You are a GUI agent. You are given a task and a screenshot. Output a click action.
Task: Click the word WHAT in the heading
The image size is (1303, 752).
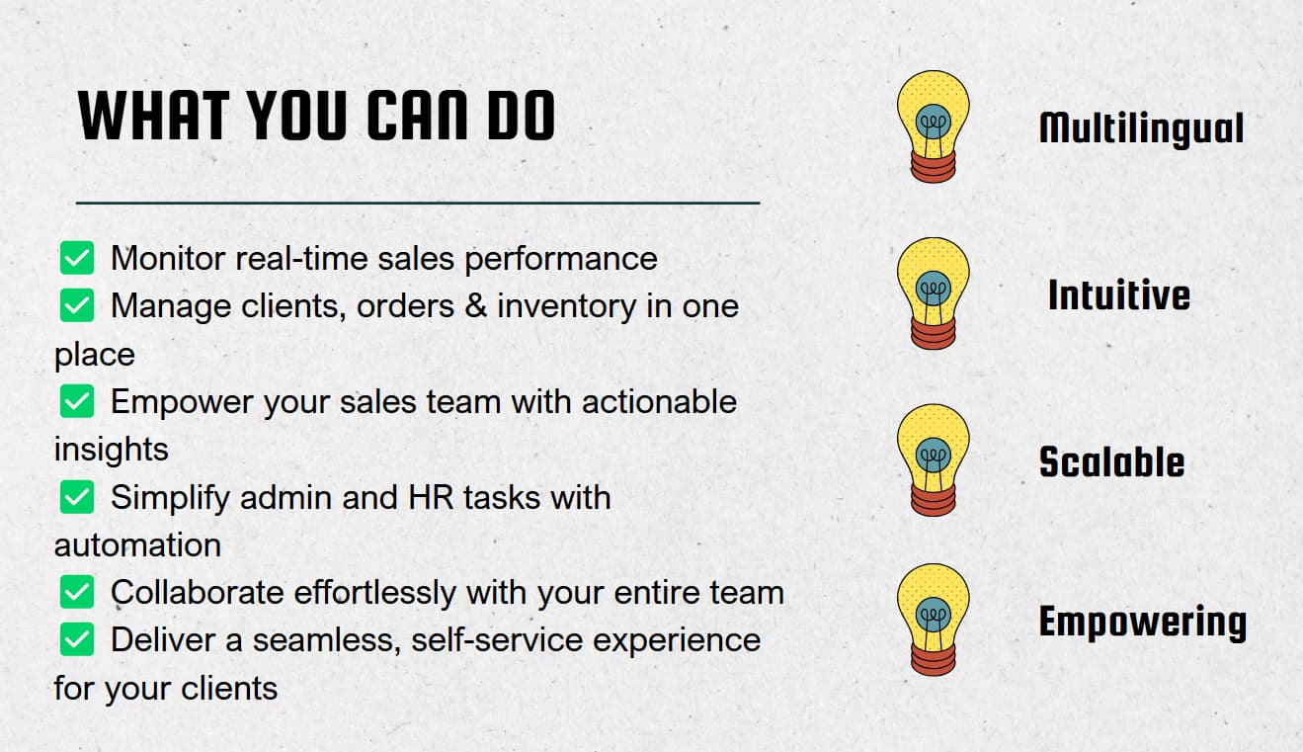(x=153, y=116)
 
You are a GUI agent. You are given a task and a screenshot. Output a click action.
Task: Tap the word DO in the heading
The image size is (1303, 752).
(x=522, y=116)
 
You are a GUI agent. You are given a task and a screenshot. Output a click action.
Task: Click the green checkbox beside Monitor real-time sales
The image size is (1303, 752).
(x=77, y=258)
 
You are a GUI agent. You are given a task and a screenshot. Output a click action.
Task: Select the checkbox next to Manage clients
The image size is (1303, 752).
(x=77, y=305)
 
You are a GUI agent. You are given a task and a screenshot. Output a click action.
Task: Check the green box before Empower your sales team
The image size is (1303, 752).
(x=77, y=401)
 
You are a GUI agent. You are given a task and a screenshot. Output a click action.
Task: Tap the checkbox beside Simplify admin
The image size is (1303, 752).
(x=77, y=497)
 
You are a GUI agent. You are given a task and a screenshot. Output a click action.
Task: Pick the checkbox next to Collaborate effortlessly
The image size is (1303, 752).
(x=77, y=592)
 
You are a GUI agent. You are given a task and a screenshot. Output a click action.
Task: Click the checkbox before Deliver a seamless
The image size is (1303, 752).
(x=77, y=639)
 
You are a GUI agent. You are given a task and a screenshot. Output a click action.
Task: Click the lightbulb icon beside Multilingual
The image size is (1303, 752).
(x=933, y=126)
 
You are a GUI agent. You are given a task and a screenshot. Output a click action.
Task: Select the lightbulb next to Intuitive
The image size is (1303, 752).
(x=933, y=293)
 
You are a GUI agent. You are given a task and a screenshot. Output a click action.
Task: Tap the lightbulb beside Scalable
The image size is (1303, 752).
(x=933, y=460)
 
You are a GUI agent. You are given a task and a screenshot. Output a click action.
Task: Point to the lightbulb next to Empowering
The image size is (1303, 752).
(x=933, y=620)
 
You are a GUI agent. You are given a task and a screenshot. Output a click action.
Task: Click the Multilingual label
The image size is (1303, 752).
(x=1141, y=128)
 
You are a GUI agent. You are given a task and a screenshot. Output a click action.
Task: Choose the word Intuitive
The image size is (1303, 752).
(x=1118, y=294)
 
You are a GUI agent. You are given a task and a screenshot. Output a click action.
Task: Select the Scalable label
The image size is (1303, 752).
(x=1111, y=461)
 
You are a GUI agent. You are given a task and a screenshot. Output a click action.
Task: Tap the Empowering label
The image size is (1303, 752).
(x=1142, y=623)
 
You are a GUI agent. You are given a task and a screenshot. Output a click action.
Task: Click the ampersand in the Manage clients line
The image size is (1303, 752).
(x=476, y=305)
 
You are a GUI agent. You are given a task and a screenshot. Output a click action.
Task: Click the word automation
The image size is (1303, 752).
(x=137, y=545)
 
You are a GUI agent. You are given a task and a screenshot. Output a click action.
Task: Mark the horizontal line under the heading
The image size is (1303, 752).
(x=418, y=204)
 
